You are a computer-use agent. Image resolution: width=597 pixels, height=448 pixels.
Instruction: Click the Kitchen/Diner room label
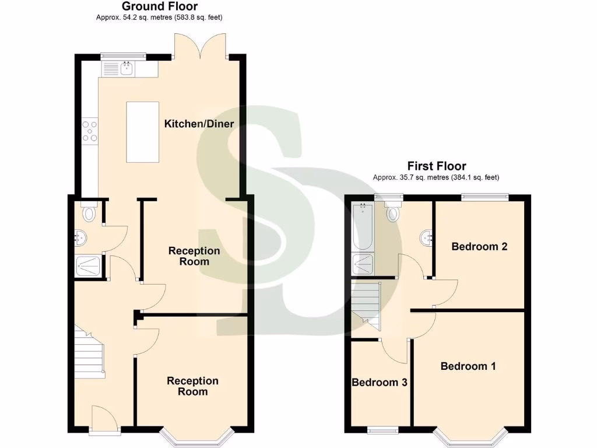tap(199, 124)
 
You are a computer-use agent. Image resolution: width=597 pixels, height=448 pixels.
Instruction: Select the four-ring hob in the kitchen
tap(90, 131)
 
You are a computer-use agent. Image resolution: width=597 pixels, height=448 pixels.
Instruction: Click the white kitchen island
tap(142, 132)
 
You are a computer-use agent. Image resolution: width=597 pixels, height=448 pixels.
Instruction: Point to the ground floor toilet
tap(89, 213)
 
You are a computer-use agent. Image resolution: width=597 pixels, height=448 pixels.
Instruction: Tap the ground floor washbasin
tap(81, 237)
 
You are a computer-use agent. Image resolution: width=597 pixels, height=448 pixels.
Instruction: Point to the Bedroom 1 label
tap(468, 366)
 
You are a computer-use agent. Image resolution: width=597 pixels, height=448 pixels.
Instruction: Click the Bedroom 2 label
tap(479, 246)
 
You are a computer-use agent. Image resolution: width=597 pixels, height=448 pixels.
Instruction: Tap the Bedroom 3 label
tap(379, 383)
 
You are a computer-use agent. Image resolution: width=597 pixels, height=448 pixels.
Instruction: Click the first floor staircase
tap(366, 305)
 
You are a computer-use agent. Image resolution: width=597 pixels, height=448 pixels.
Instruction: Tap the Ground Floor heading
tap(159, 6)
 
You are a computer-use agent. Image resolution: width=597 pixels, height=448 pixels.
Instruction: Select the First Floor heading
tap(436, 166)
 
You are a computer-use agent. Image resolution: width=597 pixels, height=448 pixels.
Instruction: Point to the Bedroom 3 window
tap(382, 430)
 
